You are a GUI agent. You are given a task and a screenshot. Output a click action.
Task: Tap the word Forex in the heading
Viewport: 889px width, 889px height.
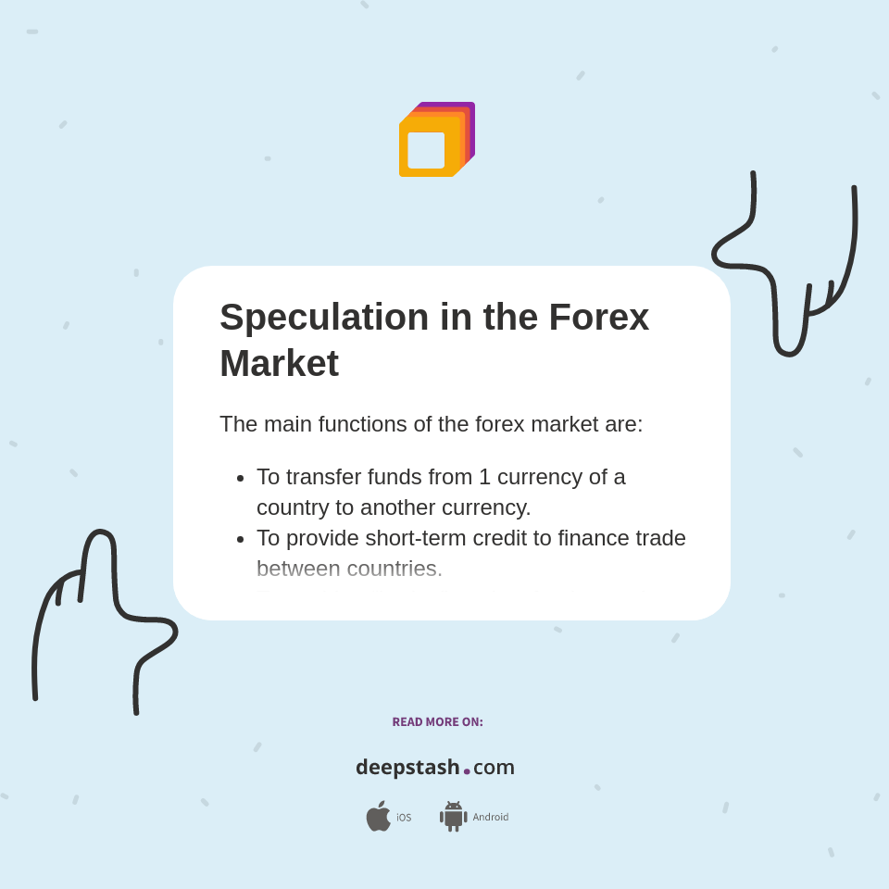coord(598,318)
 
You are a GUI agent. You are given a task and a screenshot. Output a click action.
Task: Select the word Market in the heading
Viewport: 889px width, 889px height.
coord(279,363)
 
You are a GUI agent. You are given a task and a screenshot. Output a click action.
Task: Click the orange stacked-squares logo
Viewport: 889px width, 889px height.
coord(436,140)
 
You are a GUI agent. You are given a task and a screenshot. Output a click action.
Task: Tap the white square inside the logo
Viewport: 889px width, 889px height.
coord(426,150)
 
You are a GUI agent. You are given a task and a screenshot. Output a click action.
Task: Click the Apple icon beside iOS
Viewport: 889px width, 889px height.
coord(378,816)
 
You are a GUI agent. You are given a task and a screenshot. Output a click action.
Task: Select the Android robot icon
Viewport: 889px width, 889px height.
coord(453,817)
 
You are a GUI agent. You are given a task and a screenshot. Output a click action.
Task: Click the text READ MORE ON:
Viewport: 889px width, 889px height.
coord(437,722)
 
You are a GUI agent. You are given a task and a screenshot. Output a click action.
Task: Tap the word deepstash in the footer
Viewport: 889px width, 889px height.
coord(407,768)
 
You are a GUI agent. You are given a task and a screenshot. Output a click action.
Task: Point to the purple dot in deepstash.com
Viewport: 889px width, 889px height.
coord(467,770)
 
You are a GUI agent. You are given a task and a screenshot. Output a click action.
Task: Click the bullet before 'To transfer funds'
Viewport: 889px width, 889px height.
coord(240,479)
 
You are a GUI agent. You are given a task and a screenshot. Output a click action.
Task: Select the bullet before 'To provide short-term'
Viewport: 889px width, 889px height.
coord(240,540)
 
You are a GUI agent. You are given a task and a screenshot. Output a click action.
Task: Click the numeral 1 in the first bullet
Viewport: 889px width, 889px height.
coord(484,477)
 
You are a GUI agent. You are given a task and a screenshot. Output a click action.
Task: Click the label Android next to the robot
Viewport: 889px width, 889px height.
coord(490,817)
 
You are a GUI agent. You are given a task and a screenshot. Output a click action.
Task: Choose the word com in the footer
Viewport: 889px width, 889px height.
coord(494,768)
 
